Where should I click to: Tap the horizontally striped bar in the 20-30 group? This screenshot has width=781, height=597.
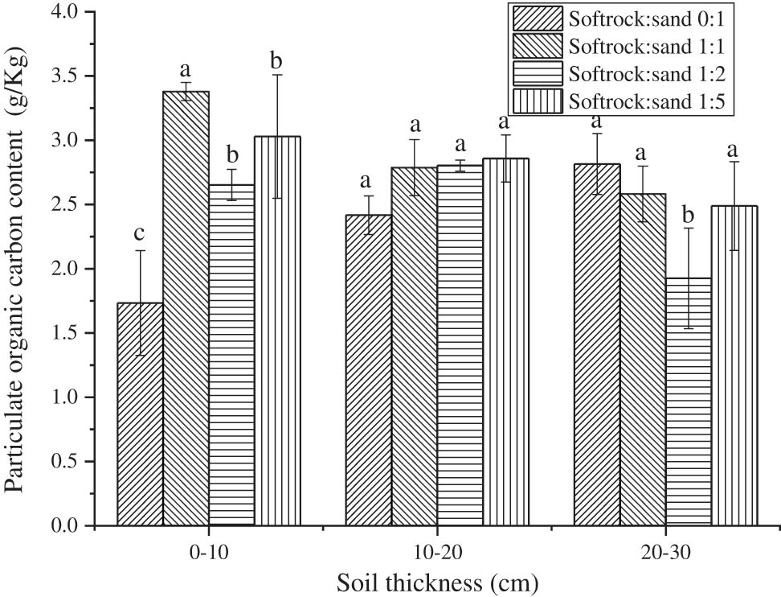coord(689,402)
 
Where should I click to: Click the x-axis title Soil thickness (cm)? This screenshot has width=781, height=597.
coord(437,581)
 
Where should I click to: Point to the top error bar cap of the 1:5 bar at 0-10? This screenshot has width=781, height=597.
coord(277,75)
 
